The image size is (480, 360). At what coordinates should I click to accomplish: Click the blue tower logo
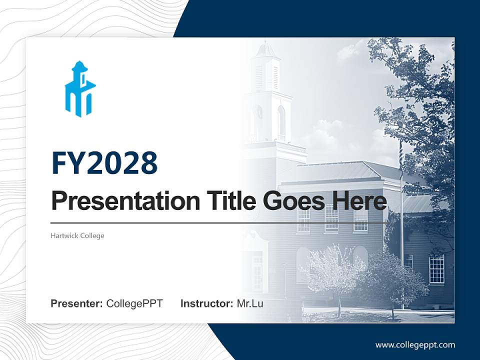pyautogui.click(x=79, y=89)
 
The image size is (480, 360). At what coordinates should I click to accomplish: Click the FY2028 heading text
pyautogui.click(x=104, y=163)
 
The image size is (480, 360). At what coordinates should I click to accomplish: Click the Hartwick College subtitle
pyautogui.click(x=77, y=235)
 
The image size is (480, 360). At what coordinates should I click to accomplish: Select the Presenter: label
pyautogui.click(x=76, y=303)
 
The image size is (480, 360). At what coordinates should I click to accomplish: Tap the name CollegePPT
pyautogui.click(x=134, y=303)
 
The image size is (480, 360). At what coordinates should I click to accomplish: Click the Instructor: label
pyautogui.click(x=206, y=303)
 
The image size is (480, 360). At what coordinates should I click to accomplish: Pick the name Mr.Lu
pyautogui.click(x=249, y=303)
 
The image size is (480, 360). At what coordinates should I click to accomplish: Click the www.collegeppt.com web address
pyautogui.click(x=415, y=345)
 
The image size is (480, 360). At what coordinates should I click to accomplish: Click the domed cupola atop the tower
pyautogui.click(x=265, y=50)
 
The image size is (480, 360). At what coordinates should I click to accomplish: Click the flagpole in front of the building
pyautogui.click(x=401, y=225)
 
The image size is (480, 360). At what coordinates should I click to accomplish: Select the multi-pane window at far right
pyautogui.click(x=436, y=268)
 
